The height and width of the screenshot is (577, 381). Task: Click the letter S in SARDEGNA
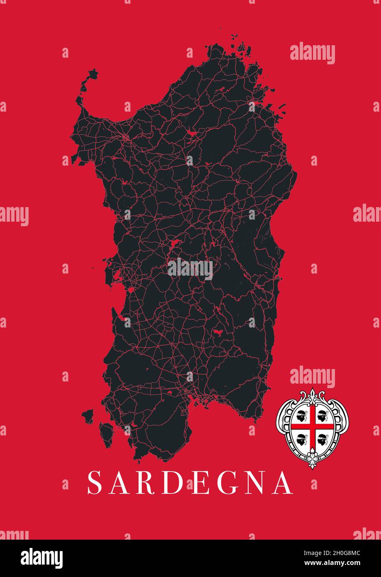click(95, 482)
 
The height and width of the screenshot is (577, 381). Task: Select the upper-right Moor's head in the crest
click(323, 414)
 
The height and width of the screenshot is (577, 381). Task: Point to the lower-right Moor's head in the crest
click(323, 438)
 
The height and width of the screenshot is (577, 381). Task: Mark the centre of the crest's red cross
click(312, 426)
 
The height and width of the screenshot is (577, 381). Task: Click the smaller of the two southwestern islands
click(88, 415)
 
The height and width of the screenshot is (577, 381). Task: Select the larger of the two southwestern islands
click(107, 433)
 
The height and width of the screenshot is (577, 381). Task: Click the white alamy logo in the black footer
click(42, 558)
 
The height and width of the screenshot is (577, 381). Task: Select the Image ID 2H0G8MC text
click(338, 553)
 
